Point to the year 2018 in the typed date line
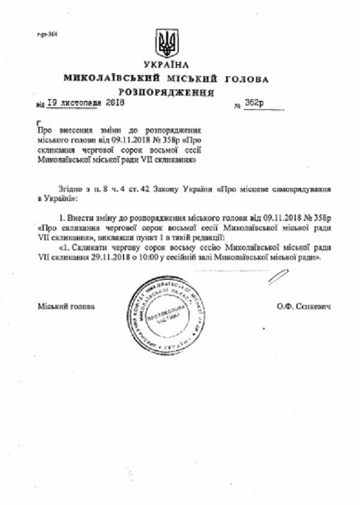coord(114,103)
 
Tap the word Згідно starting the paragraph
coord(71,189)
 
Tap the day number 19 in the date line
coord(52,103)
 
